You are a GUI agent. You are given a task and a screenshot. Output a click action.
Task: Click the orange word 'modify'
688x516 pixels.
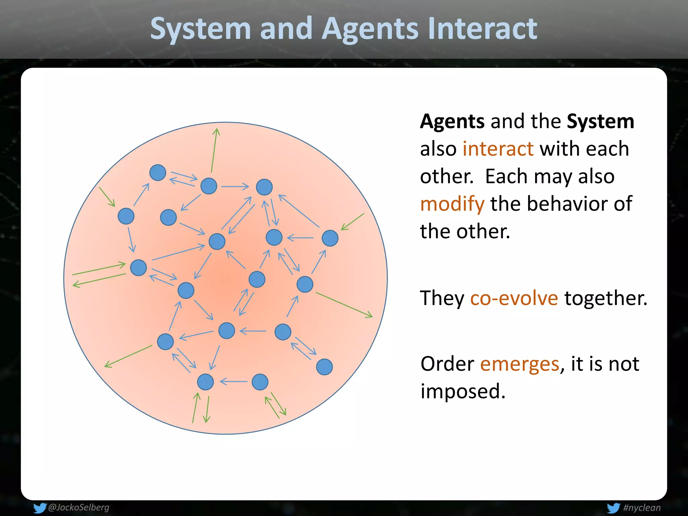(x=452, y=204)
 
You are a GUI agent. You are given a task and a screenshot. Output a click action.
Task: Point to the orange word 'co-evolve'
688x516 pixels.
(x=514, y=298)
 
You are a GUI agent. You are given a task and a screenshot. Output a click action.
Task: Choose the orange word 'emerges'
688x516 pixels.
(x=519, y=364)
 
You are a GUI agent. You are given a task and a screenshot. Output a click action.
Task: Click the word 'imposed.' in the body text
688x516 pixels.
(x=463, y=391)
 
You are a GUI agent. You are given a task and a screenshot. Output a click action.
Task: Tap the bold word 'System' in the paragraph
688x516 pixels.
(x=600, y=122)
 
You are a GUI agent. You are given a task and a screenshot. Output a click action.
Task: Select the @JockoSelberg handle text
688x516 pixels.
(x=79, y=507)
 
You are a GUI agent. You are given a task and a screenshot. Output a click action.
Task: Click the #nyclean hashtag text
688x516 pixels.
(x=642, y=508)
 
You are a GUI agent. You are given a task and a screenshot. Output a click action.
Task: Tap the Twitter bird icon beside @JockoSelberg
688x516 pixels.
(x=39, y=508)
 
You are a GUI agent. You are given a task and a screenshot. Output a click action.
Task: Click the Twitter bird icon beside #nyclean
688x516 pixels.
(x=613, y=508)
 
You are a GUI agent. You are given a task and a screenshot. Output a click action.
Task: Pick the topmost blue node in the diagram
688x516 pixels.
(x=158, y=173)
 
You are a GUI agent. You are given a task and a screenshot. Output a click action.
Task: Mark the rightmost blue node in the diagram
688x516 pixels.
(x=330, y=238)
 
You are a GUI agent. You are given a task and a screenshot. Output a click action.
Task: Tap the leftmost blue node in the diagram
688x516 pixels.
(x=126, y=216)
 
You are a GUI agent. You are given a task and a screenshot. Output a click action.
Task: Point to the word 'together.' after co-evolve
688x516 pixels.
(x=606, y=298)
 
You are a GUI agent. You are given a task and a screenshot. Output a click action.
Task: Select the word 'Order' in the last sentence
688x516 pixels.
(x=447, y=364)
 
